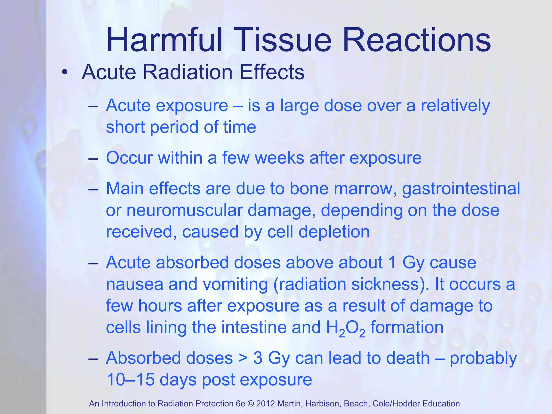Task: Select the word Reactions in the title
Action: pyautogui.click(x=417, y=40)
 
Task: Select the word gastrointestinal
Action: pyautogui.click(x=461, y=189)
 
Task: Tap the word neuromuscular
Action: pyautogui.click(x=184, y=210)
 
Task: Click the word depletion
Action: pyautogui.click(x=334, y=232)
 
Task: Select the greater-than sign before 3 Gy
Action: pyautogui.click(x=243, y=359)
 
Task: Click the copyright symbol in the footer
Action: pyautogui.click(x=251, y=404)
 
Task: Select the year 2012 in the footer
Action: pyautogui.click(x=265, y=404)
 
